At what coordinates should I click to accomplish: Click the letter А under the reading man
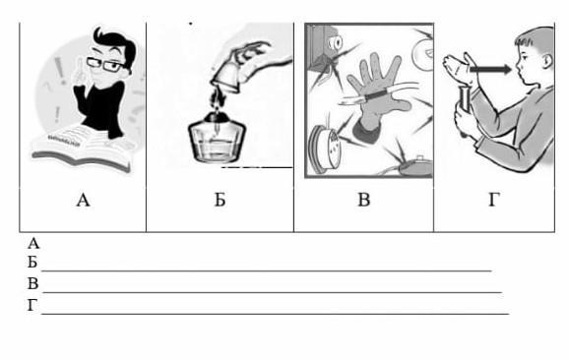(83, 200)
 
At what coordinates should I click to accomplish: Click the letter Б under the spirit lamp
(220, 200)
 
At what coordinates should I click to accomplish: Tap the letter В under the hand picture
(363, 200)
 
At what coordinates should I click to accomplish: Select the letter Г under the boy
(494, 200)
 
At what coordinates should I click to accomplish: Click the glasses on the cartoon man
(105, 65)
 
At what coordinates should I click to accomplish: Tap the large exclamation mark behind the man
(60, 71)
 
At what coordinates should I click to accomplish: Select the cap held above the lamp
(226, 79)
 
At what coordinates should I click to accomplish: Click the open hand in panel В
(376, 94)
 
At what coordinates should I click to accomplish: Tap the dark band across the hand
(377, 96)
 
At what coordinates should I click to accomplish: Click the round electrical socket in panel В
(324, 150)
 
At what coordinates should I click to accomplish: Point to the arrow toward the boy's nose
(490, 69)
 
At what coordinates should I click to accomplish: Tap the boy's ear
(547, 61)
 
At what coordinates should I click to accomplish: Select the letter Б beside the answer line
(32, 262)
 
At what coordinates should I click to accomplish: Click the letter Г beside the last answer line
(32, 306)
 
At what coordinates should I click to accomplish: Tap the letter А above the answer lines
(33, 244)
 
